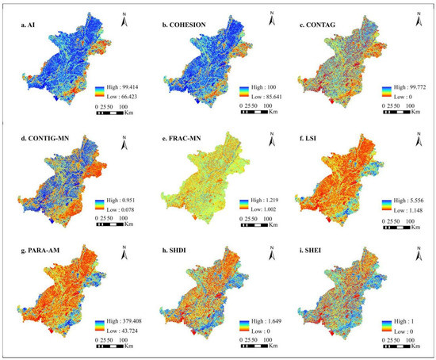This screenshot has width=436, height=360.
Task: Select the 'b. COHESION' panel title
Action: (184, 26)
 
